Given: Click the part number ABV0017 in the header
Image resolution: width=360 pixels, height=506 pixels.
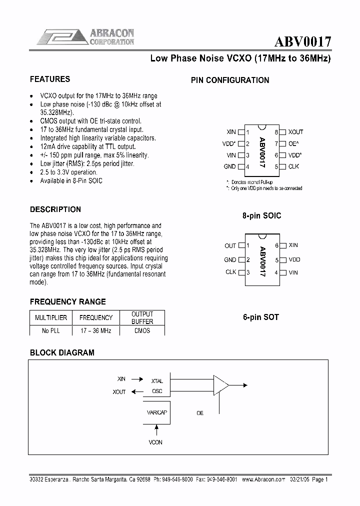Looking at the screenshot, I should tap(301, 41).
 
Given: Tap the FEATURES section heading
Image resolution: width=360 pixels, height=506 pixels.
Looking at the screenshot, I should tap(50, 79).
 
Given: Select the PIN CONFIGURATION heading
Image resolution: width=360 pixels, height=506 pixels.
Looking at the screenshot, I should tap(230, 80).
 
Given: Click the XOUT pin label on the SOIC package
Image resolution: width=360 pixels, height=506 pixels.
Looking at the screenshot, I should tap(295, 132).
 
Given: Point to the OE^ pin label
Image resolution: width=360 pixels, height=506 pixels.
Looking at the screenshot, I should tap(293, 143).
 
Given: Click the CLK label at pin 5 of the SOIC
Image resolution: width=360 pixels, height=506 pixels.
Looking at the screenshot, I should tap(293, 166).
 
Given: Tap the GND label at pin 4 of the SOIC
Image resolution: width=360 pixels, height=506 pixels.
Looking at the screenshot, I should tap(229, 166).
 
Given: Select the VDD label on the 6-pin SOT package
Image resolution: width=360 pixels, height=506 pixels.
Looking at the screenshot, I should tap(294, 259).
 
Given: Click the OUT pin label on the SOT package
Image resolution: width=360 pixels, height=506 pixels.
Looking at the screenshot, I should tap(230, 246).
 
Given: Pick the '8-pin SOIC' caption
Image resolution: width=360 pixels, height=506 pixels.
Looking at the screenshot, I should tap(261, 215).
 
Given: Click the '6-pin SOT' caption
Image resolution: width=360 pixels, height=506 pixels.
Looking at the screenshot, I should tap(260, 317).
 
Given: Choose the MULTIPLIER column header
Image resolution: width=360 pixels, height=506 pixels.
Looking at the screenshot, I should tap(50, 317).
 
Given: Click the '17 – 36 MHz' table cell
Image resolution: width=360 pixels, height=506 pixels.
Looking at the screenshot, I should tap(95, 330).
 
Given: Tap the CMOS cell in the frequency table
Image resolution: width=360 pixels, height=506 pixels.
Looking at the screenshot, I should tap(142, 330).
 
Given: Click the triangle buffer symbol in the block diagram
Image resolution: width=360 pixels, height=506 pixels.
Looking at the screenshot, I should tap(220, 385).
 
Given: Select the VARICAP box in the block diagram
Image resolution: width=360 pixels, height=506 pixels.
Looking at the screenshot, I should tap(156, 413).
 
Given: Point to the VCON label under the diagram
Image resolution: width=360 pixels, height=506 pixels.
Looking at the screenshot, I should tap(155, 442).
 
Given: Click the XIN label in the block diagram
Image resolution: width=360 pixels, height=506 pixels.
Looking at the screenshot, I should tap(121, 379).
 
